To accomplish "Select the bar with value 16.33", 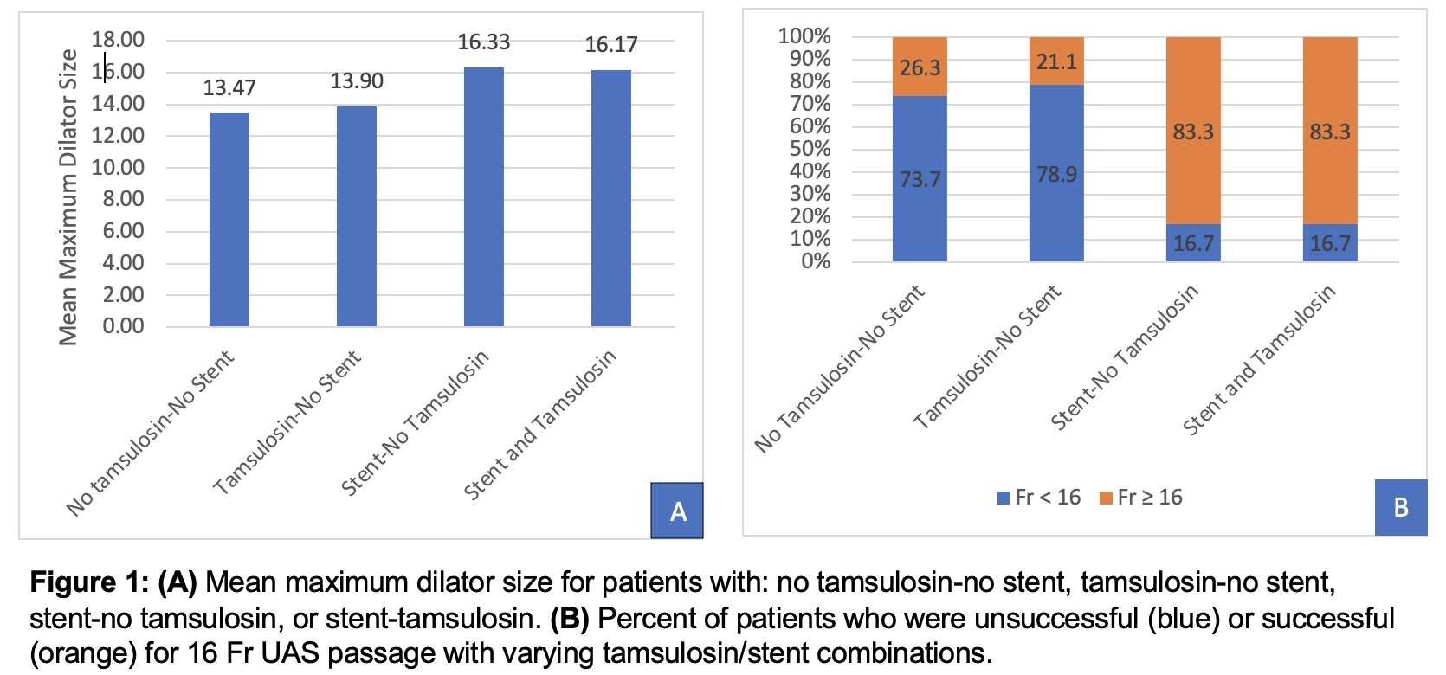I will click(x=483, y=196).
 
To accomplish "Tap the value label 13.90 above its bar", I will click(x=357, y=81).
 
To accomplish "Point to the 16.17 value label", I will click(x=611, y=45).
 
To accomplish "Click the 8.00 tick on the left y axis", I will click(x=118, y=199).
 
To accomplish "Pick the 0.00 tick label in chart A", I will click(x=123, y=326).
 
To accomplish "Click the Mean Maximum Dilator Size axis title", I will click(x=68, y=197).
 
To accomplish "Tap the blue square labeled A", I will click(x=677, y=511).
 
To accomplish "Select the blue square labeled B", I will click(x=1400, y=507).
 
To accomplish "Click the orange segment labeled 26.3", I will click(x=920, y=67).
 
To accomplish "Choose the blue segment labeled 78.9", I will click(x=1056, y=173).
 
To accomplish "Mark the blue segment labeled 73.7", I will click(x=920, y=178).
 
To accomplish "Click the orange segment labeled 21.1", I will click(x=1056, y=61).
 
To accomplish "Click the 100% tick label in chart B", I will click(x=804, y=36).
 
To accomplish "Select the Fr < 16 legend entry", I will click(x=1039, y=498).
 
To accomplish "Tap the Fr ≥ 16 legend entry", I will click(x=1141, y=498).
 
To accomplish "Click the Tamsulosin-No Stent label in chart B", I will click(x=988, y=356).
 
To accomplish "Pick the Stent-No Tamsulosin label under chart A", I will click(x=416, y=421).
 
